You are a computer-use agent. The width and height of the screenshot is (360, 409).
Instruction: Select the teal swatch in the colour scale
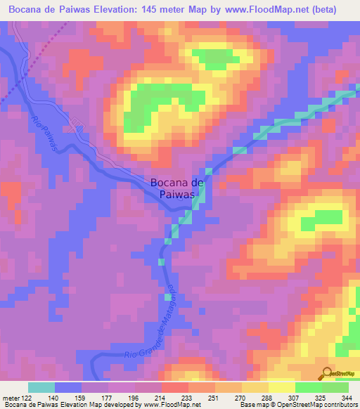41,387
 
